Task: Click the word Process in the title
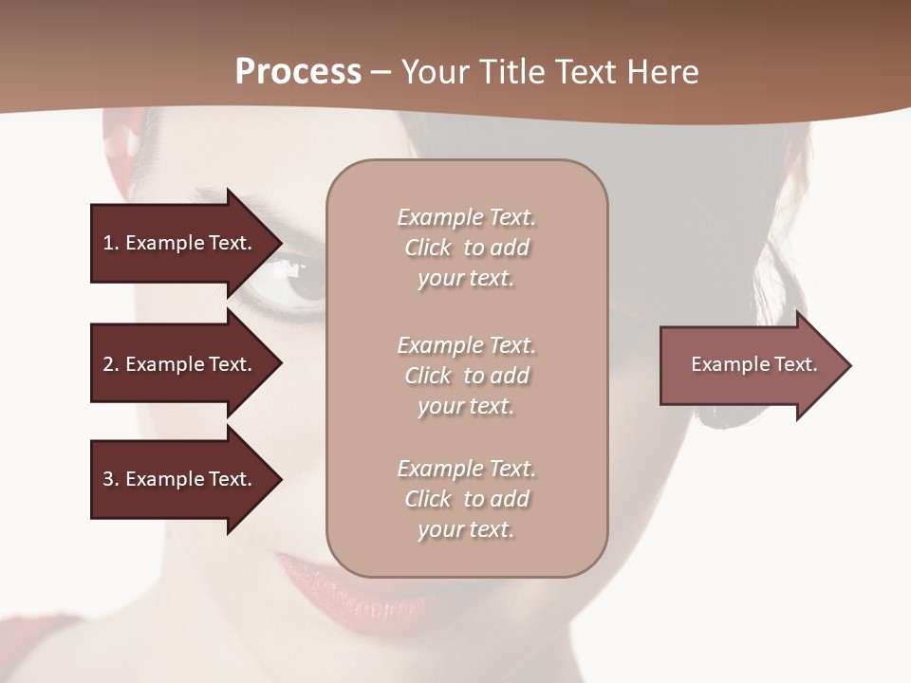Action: [x=298, y=72]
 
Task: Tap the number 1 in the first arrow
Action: [x=108, y=243]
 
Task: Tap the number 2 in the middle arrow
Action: [x=108, y=364]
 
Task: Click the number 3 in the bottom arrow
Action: [x=108, y=479]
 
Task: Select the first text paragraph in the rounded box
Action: [x=466, y=248]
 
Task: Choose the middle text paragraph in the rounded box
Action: [x=466, y=376]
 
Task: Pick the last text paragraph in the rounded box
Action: [x=466, y=499]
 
